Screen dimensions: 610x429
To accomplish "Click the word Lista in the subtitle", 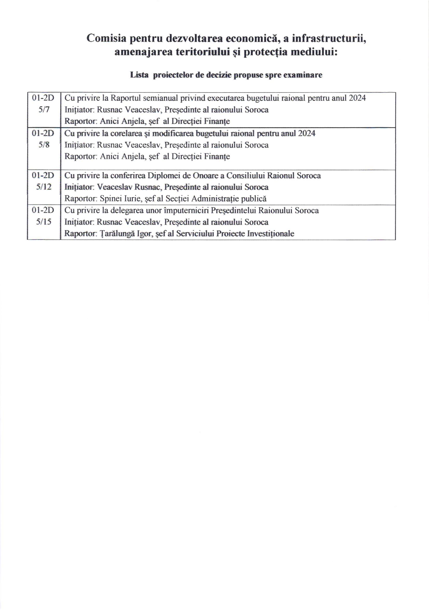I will pos(139,75).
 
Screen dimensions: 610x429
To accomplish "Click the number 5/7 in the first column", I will pos(44,109).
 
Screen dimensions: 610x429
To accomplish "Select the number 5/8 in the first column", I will pos(44,145).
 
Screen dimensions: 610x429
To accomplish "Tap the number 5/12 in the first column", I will pos(44,187).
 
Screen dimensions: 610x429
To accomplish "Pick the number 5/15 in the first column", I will pos(44,222).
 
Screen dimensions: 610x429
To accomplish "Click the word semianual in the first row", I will pos(160,98).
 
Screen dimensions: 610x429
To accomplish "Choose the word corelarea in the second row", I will pos(126,133).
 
